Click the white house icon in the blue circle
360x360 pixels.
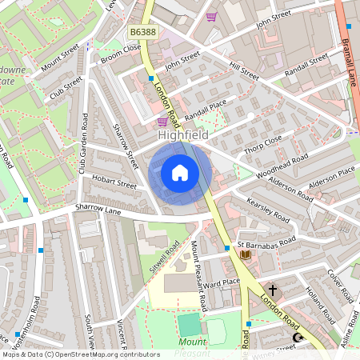tap(180, 173)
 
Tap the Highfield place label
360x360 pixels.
tap(183, 135)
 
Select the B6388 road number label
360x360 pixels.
tap(142, 32)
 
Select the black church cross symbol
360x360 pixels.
tap(272, 290)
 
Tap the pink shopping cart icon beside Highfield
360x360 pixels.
tap(162, 122)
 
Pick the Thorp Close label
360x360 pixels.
tap(265, 142)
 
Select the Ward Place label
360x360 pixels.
tap(221, 283)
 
